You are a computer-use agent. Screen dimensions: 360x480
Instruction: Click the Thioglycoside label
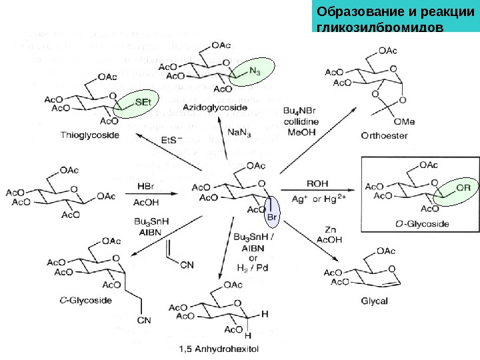[90, 135]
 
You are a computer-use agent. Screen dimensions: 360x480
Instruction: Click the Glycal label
[374, 301]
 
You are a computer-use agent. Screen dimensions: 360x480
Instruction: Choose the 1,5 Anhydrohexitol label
[219, 348]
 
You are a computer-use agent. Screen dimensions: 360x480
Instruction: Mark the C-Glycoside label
[86, 301]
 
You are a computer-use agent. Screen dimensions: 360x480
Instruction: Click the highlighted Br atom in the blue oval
[271, 217]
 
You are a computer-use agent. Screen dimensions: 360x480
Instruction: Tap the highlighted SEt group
[143, 103]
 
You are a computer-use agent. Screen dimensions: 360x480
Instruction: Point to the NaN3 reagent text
[239, 133]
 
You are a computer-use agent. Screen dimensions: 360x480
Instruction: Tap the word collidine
[301, 122]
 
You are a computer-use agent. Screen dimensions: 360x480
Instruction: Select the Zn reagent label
[329, 229]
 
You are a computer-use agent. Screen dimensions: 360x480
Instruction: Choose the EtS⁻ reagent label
[171, 141]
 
